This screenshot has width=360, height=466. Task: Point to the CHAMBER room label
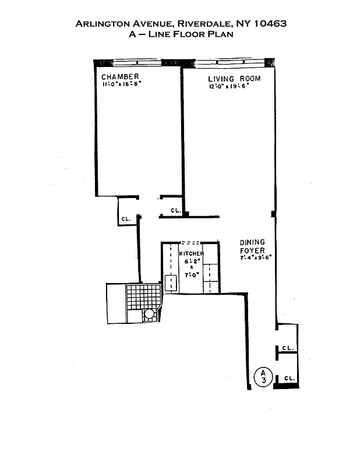point(120,77)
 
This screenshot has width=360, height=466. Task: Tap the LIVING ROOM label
point(234,79)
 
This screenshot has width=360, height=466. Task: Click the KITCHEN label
point(191,254)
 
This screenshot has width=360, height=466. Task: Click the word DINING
point(252,242)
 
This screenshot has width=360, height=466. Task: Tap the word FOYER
point(252,250)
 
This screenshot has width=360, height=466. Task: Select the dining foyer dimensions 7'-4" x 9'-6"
point(256,257)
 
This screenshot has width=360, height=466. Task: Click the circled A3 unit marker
point(263,376)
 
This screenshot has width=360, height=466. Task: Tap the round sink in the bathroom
point(149,313)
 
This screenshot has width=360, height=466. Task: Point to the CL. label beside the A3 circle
point(289,379)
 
